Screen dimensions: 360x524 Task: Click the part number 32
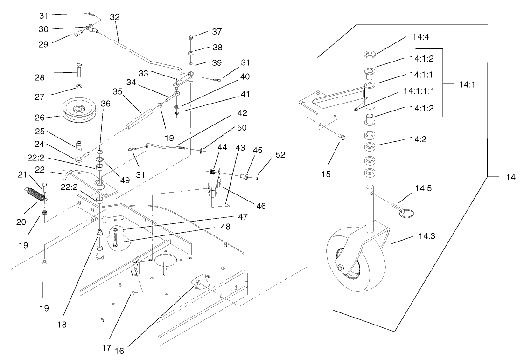pyautogui.click(x=114, y=17)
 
